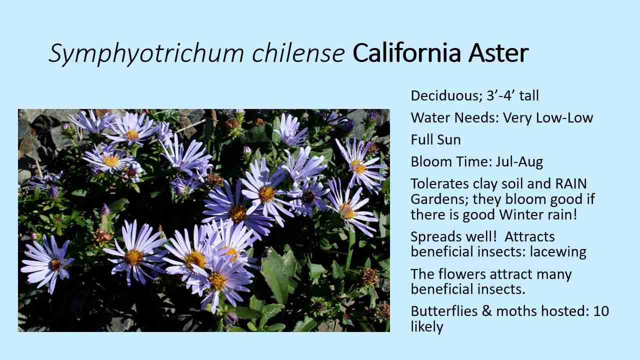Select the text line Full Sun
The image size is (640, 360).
(436, 140)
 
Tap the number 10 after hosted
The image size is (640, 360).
(601, 311)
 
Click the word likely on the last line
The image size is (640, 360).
(426, 327)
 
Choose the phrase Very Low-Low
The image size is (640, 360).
(548, 118)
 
